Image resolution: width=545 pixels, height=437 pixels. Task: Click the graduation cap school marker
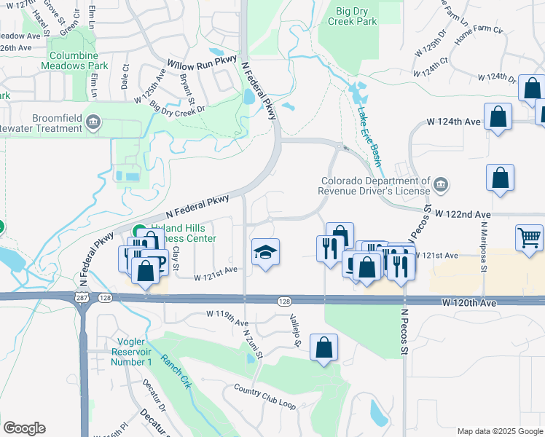tap(265, 253)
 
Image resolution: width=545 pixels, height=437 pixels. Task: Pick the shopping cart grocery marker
tap(529, 237)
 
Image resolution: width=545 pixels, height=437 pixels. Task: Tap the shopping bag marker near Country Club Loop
tap(324, 347)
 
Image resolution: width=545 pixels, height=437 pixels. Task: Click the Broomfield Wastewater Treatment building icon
tap(93, 122)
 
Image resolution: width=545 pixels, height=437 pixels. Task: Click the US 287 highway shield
tap(80, 298)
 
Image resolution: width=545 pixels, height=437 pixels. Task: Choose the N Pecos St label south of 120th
tap(403, 331)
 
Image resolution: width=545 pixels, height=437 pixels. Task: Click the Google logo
tap(24, 428)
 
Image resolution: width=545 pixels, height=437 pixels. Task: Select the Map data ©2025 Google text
tap(499, 431)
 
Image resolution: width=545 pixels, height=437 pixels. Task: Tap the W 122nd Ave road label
tap(463, 214)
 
